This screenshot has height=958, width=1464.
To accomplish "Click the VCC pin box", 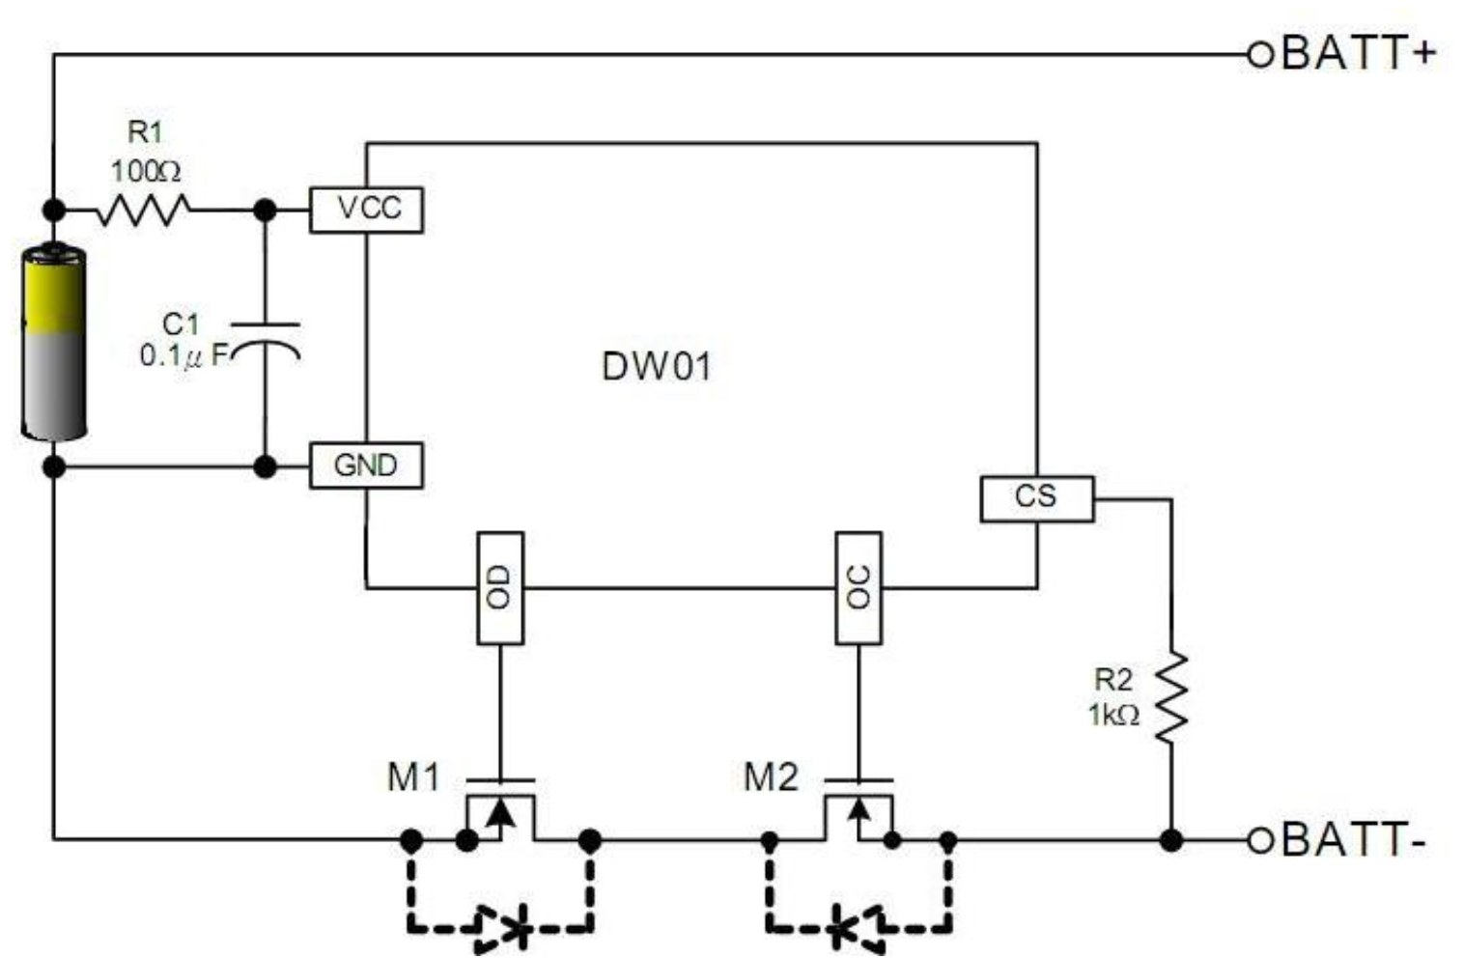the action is click(x=366, y=210).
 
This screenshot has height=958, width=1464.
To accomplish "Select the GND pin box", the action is click(x=366, y=465).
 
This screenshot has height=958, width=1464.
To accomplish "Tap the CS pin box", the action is click(x=1036, y=498).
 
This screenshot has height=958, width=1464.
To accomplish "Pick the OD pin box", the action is click(x=500, y=587).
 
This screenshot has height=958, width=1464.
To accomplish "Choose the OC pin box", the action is click(x=859, y=587).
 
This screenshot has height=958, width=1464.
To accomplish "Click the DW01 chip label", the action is click(x=656, y=367).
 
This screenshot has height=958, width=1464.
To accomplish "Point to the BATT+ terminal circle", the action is click(x=1260, y=54).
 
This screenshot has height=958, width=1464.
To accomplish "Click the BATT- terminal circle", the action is click(x=1260, y=840).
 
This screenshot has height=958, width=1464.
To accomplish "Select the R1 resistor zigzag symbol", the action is click(x=144, y=210).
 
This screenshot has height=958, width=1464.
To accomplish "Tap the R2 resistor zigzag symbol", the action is click(x=1171, y=696).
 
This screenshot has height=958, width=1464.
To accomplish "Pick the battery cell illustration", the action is click(x=53, y=341).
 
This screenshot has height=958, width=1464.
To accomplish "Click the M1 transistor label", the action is click(x=413, y=777).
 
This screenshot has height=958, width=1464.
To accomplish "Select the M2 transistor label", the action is click(x=772, y=777).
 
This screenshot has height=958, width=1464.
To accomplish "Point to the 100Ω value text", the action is click(x=146, y=172).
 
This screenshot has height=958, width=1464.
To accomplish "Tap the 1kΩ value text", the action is click(x=1113, y=715).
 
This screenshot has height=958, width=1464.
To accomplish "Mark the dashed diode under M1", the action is click(x=501, y=928).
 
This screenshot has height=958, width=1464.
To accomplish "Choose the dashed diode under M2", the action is click(x=858, y=928).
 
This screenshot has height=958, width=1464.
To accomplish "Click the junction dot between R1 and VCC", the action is click(x=265, y=211).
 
